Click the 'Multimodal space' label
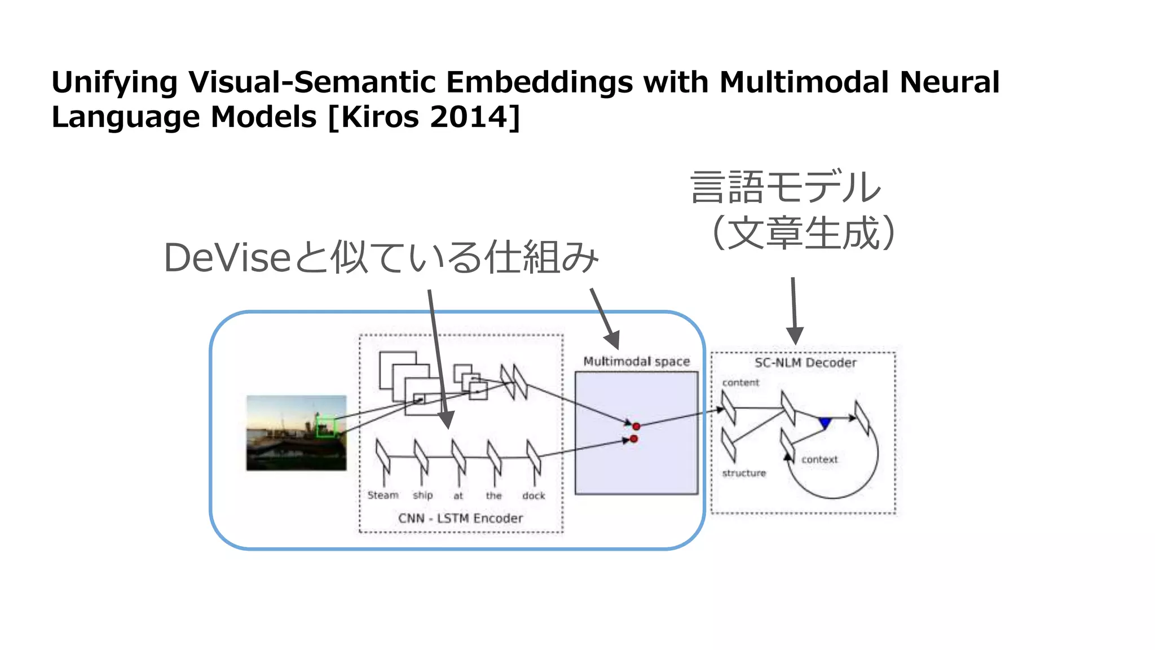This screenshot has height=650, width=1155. [636, 362]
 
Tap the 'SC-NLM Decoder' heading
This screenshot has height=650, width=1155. [805, 363]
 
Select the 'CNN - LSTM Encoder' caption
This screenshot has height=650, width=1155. [460, 518]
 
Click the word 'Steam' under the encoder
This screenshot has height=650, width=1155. [383, 495]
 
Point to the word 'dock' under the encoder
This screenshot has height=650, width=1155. [534, 496]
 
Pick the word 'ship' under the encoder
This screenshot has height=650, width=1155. [422, 495]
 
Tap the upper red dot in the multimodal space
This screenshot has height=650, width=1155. [636, 427]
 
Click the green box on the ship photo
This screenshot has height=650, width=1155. [325, 427]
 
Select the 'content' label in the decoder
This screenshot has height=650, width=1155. [740, 383]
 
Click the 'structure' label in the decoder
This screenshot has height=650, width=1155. [744, 473]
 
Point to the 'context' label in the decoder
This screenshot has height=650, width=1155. [819, 459]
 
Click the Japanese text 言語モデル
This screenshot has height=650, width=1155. [785, 187]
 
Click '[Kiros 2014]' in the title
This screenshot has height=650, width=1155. [424, 117]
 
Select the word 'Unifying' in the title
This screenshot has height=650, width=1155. [114, 82]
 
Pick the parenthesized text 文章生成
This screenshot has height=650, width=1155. [804, 233]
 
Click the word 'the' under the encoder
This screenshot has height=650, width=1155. [493, 496]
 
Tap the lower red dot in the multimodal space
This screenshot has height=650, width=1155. [634, 439]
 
